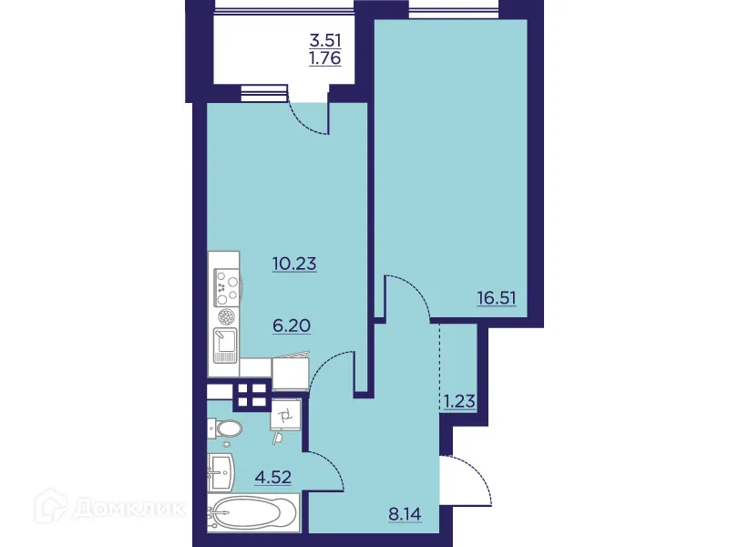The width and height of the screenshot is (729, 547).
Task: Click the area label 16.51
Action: coord(497,297)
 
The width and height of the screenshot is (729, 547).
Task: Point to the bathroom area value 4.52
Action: coord(272,476)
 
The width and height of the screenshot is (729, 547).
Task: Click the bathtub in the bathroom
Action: coord(251,512)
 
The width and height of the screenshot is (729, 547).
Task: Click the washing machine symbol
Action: coord(286,418)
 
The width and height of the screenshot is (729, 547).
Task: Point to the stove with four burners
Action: coord(225,288)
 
